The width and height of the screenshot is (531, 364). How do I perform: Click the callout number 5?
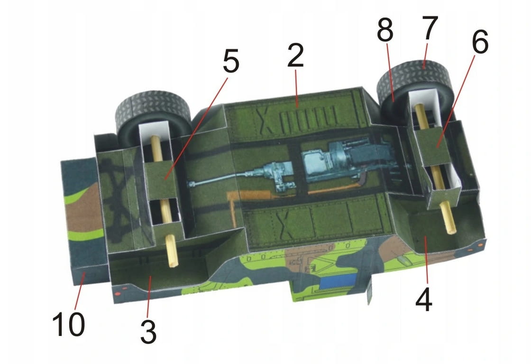(x=231, y=61)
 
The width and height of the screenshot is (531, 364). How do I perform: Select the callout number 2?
(x=295, y=55)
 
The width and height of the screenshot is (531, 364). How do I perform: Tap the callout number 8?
(x=385, y=29)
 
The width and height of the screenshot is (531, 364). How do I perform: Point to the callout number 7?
(x=430, y=28)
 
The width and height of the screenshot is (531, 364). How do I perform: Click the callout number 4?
(x=424, y=299)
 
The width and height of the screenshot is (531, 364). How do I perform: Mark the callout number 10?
(x=68, y=324)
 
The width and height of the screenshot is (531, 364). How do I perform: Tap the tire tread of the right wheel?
(x=414, y=74)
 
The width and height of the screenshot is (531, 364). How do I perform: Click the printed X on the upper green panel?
(x=265, y=121)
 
